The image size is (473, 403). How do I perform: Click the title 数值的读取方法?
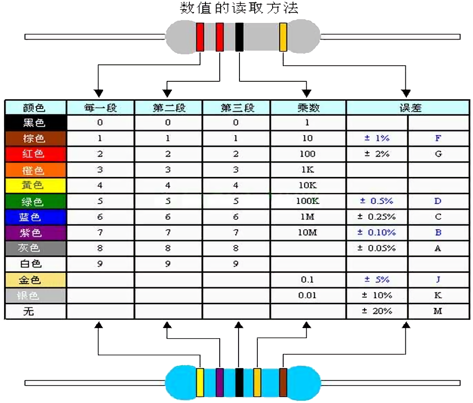[239, 8]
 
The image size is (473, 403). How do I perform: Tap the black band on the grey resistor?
[239, 37]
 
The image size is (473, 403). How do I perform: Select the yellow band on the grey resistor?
[283, 37]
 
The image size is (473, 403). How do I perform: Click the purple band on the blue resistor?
[220, 382]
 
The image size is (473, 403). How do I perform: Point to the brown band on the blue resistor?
[283, 382]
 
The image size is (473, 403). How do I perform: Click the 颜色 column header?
[35, 108]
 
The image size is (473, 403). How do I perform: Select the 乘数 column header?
[308, 108]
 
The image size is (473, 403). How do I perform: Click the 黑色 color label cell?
[35, 123]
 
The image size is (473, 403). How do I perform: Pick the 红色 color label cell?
[35, 154]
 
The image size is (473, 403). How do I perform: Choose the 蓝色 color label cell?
[35, 217]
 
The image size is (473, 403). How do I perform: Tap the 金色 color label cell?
[35, 279]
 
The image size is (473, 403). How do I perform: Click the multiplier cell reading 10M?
[308, 233]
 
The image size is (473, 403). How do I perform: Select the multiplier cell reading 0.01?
[308, 295]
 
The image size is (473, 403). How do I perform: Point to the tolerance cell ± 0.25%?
[376, 217]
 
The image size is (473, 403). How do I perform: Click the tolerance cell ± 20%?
[376, 311]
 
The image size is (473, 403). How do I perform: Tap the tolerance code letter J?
[438, 279]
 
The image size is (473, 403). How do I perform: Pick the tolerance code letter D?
[438, 201]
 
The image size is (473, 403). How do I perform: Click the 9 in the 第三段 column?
[236, 264]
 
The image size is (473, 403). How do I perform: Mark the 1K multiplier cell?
[308, 170]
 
